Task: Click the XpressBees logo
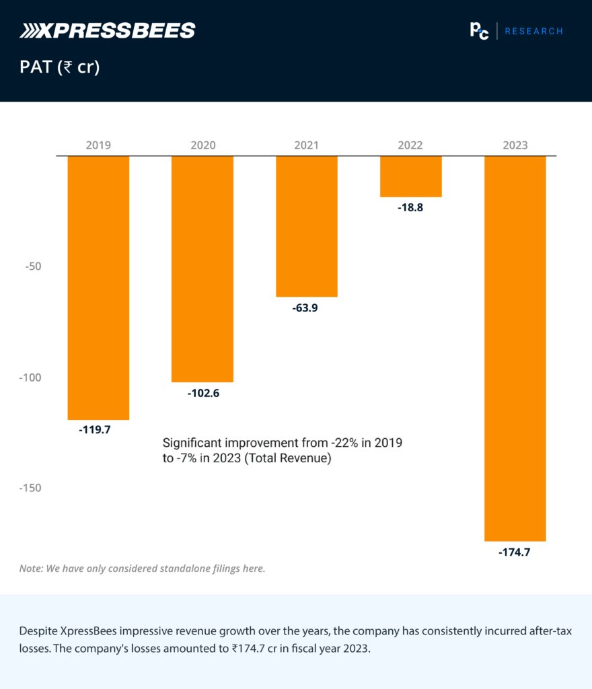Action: [108, 30]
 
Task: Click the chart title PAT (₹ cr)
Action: [60, 67]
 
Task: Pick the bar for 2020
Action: [202, 268]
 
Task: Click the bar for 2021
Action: [307, 225]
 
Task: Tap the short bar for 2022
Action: [410, 176]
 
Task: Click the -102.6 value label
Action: [203, 392]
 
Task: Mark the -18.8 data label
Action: [410, 207]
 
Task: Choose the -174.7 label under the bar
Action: [515, 552]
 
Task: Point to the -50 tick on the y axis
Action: [32, 266]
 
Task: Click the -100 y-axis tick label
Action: [29, 377]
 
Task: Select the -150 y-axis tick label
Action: [29, 488]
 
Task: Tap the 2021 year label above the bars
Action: [307, 145]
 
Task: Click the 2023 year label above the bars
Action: [515, 145]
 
